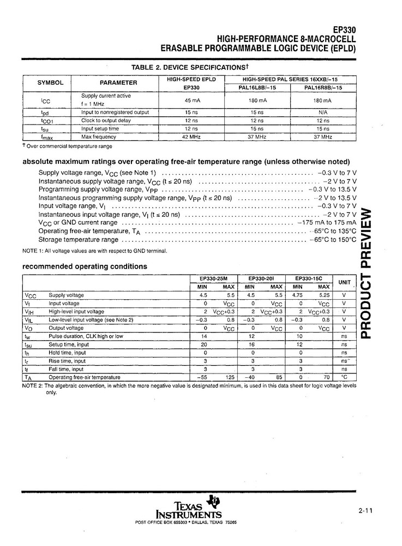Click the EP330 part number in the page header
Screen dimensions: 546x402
(344, 31)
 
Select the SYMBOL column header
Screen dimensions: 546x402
(50, 83)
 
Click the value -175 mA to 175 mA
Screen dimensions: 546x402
(326, 223)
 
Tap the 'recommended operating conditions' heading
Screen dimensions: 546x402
(85, 266)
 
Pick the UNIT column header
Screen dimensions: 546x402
(344, 282)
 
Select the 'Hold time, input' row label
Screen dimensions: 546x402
(67, 353)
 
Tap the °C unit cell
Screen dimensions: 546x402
(344, 377)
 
